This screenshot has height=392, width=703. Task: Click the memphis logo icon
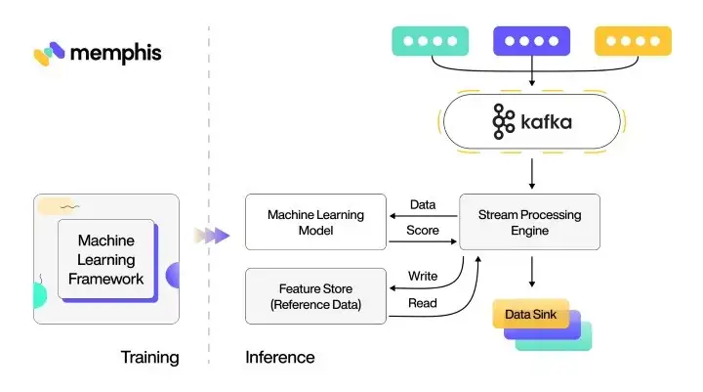click(49, 54)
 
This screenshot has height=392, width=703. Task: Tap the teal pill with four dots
click(430, 41)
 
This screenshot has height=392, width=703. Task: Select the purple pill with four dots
click(531, 41)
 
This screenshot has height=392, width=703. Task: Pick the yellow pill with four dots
click(633, 41)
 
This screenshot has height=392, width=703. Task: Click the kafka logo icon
click(504, 121)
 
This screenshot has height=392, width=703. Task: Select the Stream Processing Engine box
click(529, 221)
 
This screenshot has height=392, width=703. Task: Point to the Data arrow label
click(422, 203)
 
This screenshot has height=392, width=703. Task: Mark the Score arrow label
click(422, 231)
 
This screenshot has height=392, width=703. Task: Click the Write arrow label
click(422, 277)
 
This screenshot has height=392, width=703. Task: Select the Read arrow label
click(422, 304)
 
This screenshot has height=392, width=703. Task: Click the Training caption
click(149, 357)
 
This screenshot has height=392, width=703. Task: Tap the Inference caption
click(280, 357)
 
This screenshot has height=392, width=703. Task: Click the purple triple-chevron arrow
click(211, 235)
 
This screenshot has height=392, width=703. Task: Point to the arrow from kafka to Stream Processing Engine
click(530, 172)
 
